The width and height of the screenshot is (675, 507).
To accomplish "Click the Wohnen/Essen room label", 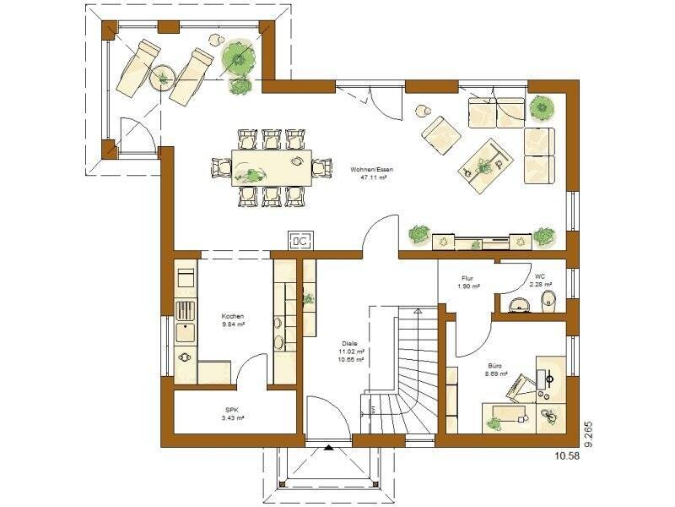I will (371, 171).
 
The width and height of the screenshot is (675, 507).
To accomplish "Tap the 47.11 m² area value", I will (371, 179).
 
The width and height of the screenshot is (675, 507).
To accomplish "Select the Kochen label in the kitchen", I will (233, 316).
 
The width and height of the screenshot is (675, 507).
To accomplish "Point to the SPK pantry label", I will (233, 410).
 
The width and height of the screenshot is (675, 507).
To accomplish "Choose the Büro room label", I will (496, 364).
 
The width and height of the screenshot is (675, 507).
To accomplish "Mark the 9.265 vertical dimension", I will (590, 422).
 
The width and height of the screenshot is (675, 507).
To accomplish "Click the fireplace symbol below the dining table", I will (301, 241).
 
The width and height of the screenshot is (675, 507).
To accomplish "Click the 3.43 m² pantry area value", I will (233, 418).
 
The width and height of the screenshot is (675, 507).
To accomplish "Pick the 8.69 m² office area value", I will (496, 373).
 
